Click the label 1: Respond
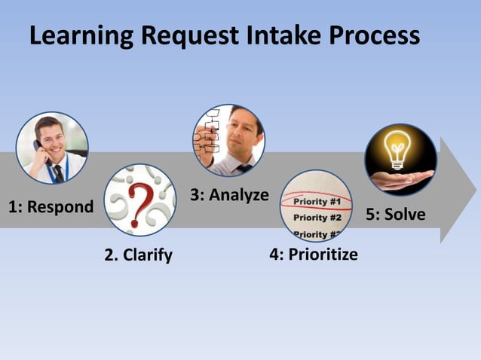[51, 206]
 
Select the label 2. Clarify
[138, 255]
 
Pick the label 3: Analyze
[229, 195]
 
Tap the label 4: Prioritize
[314, 255]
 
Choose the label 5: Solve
[395, 215]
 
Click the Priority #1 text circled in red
[317, 202]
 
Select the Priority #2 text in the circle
[317, 218]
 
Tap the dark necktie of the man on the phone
[57, 172]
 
